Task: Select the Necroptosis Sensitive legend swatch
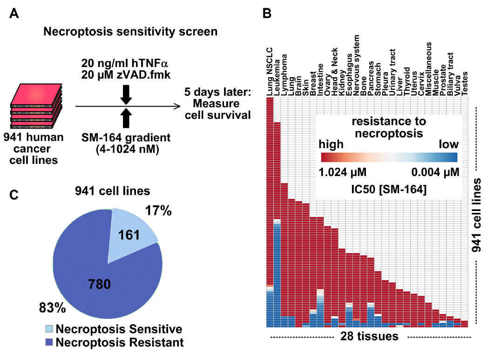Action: [49, 329]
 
